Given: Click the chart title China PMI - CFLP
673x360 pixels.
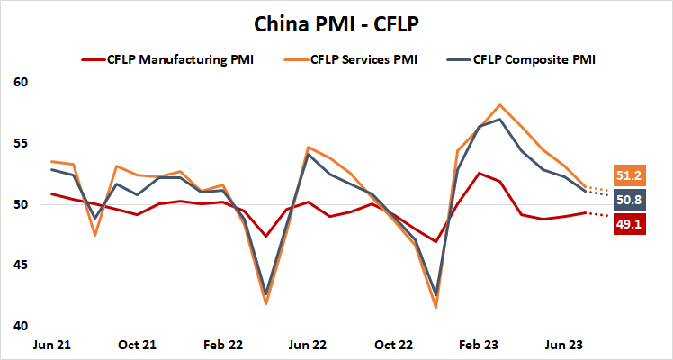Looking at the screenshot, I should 336,22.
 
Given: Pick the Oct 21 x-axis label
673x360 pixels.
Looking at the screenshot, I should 137,345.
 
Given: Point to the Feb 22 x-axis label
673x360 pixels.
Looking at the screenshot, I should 222,345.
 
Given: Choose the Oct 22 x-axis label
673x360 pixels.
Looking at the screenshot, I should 393,345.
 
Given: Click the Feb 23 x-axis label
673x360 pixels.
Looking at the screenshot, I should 479,345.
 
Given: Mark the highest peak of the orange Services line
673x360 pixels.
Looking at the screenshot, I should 500,105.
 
